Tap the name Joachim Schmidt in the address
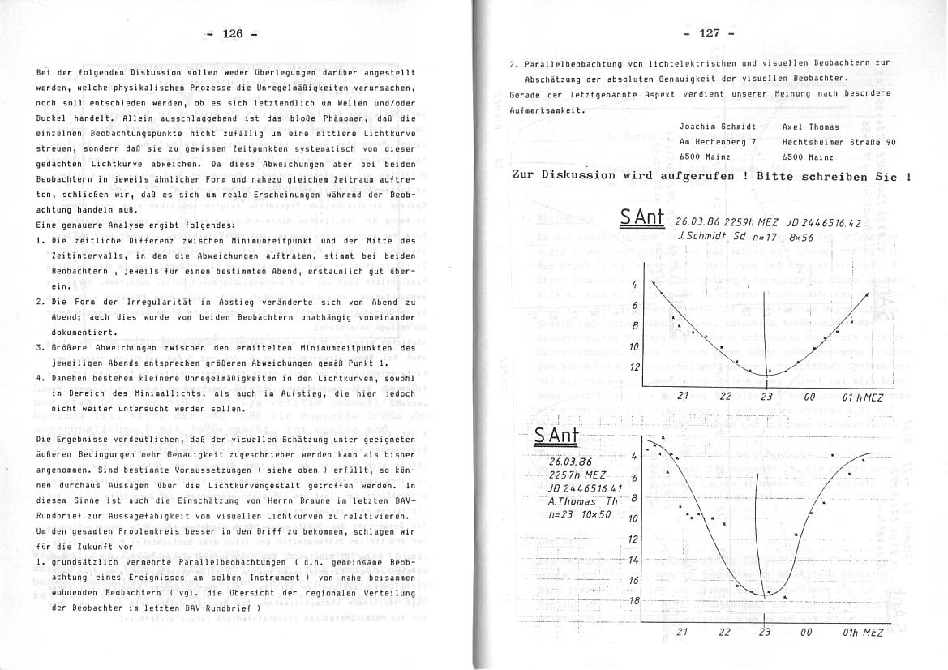click(x=717, y=127)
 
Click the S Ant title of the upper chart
click(x=641, y=219)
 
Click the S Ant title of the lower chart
click(x=556, y=436)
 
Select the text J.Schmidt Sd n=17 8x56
click(x=737, y=235)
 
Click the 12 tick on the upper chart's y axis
click(x=634, y=367)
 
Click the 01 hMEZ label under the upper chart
click(x=862, y=397)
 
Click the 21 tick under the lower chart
click(x=682, y=633)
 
